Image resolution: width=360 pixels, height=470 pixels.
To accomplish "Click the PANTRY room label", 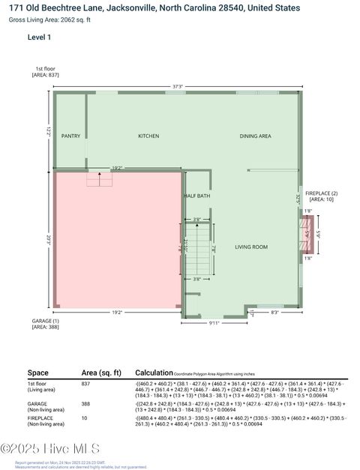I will (x=70, y=136).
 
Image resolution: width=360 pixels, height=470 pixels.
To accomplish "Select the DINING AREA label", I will (x=255, y=136).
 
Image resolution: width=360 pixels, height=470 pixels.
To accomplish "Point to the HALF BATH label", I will (x=197, y=196).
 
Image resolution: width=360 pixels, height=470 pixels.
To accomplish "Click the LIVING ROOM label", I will (x=252, y=247).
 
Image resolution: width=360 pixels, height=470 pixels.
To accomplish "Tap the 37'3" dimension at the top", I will (x=178, y=87).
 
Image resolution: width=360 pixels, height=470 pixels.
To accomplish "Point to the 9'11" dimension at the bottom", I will (x=214, y=323).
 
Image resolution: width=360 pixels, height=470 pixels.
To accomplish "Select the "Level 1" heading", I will (x=40, y=36).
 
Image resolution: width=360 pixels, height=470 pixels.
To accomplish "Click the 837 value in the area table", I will (x=87, y=383).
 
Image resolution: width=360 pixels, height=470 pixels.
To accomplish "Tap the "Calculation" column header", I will (x=153, y=373).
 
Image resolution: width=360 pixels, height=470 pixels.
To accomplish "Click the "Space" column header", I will (x=38, y=373).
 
